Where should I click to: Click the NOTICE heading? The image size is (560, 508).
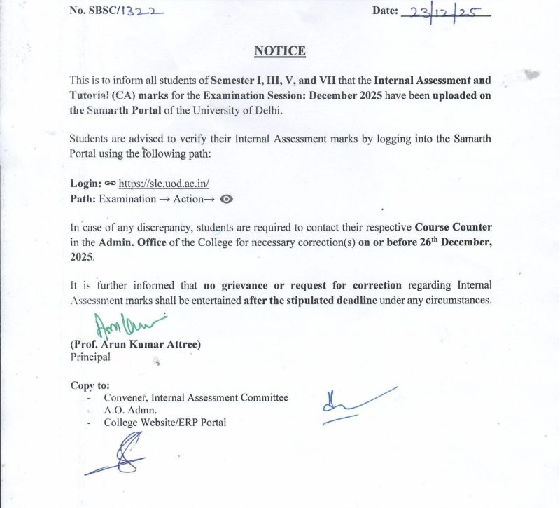click(x=280, y=51)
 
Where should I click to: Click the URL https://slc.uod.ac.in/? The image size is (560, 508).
click(x=164, y=184)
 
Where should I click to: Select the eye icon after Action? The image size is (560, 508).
click(x=225, y=199)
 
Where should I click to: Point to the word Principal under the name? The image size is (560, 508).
click(x=90, y=357)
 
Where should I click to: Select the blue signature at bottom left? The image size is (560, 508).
click(x=122, y=455)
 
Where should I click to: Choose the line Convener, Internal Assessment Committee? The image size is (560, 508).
click(x=196, y=398)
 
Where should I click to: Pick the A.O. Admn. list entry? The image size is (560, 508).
click(x=131, y=411)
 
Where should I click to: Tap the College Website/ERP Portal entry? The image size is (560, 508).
click(x=165, y=423)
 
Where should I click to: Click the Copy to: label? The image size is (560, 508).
click(x=90, y=385)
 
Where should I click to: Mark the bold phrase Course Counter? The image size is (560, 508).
click(x=453, y=228)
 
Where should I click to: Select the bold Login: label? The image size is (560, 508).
click(x=87, y=184)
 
